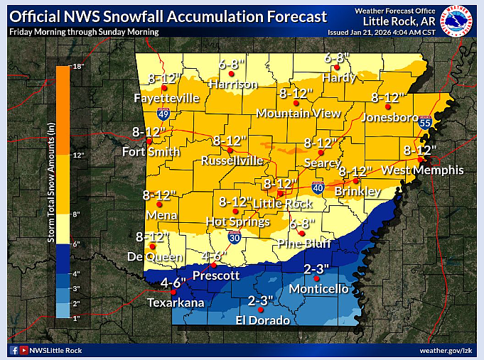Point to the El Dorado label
pos(262,320)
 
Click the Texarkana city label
pos(175,303)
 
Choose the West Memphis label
pos(422,170)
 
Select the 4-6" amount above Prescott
pos(214,256)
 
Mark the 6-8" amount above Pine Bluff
pos(302,223)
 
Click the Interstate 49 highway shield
pos(163,114)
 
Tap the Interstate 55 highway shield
pos(425,123)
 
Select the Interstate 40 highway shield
pos(317,187)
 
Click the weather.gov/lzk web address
pos(446,350)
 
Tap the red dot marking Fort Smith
pos(149,141)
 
